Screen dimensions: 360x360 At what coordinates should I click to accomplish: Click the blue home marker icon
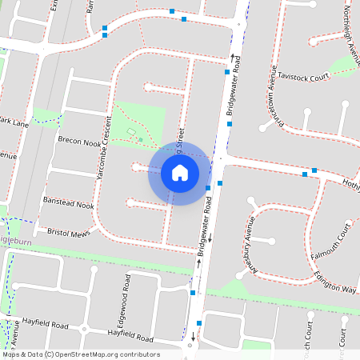click(179, 173)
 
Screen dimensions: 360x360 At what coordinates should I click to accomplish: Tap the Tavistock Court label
click(306, 77)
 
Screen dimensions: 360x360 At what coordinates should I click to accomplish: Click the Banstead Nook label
click(68, 206)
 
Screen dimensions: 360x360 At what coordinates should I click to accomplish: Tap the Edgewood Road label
click(127, 296)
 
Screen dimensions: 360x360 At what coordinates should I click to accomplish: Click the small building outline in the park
click(131, 131)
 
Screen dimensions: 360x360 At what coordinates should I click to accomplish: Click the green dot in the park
click(141, 140)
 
